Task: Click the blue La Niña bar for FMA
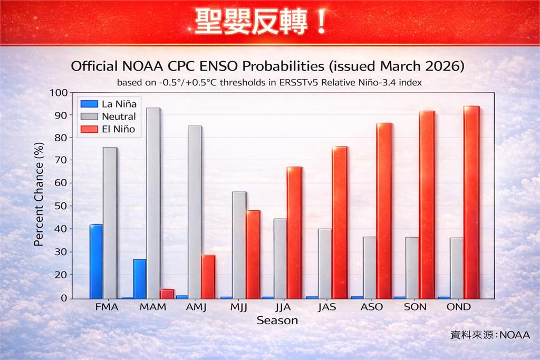[96, 261]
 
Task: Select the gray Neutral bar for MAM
[153, 203]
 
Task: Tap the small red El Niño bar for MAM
[167, 294]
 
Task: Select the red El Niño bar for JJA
[295, 233]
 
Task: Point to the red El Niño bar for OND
[471, 202]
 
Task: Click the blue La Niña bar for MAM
[140, 279]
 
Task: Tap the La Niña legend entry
[108, 104]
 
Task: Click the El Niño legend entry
[108, 129]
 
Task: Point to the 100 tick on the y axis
[60, 93]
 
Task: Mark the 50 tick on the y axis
[62, 206]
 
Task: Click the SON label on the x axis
[414, 307]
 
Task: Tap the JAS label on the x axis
[326, 307]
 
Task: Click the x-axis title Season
[277, 320]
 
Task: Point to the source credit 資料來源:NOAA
[489, 335]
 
